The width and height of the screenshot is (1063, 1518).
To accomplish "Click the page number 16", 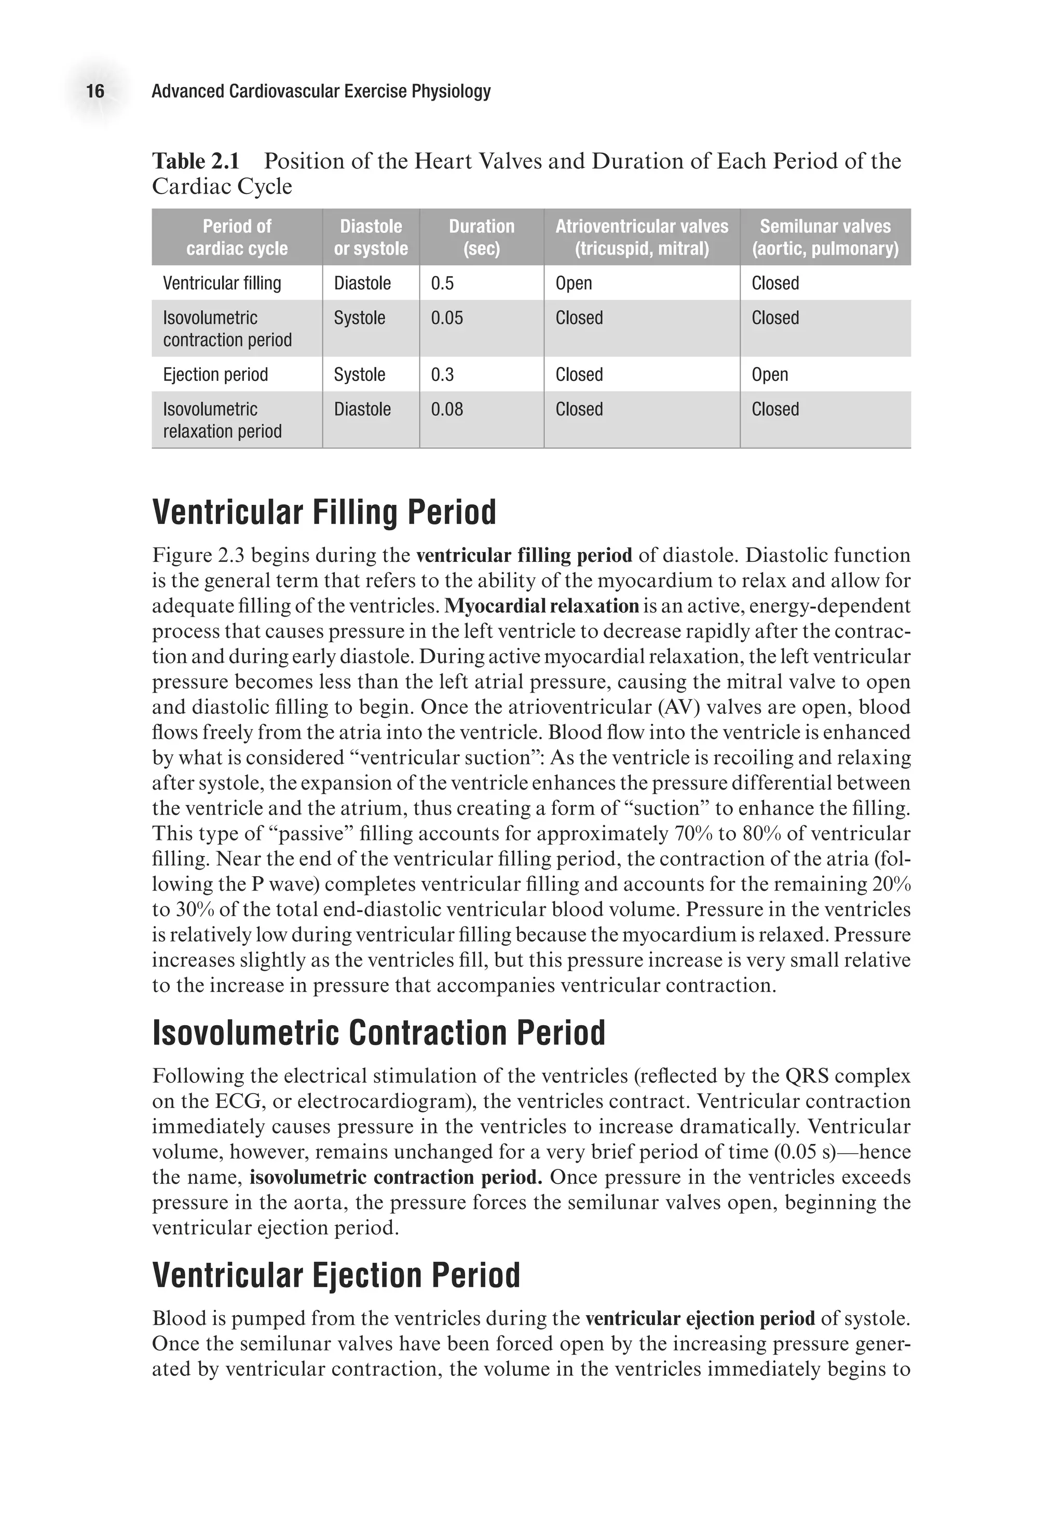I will point(96,91).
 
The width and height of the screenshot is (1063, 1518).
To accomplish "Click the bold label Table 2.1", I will point(196,161).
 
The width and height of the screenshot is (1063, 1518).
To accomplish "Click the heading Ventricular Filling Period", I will point(324,513).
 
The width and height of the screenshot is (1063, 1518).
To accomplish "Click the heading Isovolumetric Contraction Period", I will point(378,1033).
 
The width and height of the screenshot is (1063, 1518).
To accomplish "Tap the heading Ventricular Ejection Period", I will point(336,1275).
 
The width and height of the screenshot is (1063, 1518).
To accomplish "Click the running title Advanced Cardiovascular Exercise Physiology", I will point(321,91).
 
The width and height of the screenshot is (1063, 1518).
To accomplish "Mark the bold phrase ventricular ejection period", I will point(700,1318).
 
